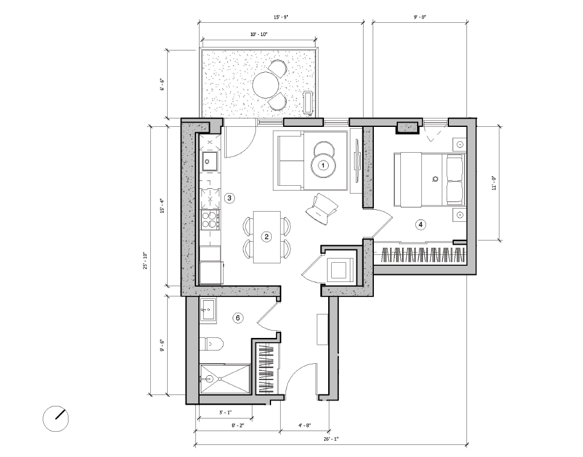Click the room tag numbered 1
point(323,165)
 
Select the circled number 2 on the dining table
point(266,237)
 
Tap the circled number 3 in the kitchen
point(229,197)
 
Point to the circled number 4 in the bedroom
point(421,224)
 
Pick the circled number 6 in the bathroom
point(238,317)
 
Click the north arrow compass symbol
point(56,418)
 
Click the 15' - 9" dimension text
point(281,17)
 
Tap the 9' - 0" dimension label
point(420,17)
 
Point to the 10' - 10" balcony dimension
point(259,35)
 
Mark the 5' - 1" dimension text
point(225,413)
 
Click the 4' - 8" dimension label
point(305,426)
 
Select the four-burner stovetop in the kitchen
point(210,220)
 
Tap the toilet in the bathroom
point(213,344)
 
